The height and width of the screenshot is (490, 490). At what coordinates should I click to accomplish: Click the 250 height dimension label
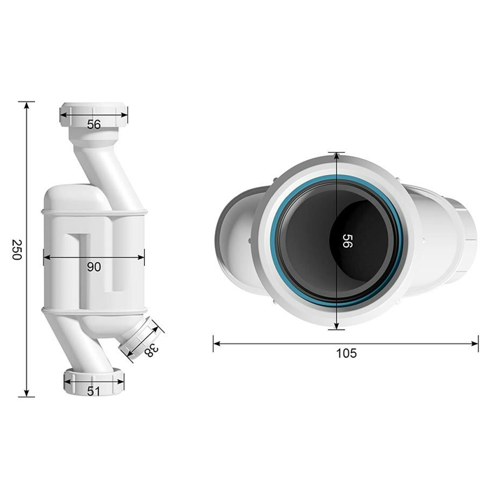(x=16, y=249)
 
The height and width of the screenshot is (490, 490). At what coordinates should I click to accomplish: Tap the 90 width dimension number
(x=94, y=267)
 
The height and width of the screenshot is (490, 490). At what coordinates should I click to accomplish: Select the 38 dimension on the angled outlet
(x=152, y=350)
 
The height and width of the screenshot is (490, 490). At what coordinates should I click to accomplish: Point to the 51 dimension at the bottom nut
(x=93, y=391)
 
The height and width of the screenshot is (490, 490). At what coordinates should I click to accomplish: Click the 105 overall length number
(x=346, y=353)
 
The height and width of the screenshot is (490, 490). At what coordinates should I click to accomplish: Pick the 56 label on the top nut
(x=94, y=125)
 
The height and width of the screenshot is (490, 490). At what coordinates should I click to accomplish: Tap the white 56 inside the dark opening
(x=347, y=241)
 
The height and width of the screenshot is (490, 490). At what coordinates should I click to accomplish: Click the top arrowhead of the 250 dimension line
(x=27, y=105)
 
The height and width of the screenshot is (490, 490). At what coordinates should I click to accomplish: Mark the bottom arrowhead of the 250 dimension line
(x=27, y=393)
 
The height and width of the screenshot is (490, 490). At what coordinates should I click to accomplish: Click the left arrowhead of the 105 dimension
(x=216, y=344)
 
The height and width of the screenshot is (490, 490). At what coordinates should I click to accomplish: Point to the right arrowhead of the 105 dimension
(x=475, y=344)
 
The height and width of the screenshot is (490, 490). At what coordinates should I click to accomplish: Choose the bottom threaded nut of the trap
(x=94, y=382)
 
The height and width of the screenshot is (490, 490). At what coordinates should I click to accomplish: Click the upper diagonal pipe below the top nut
(x=107, y=177)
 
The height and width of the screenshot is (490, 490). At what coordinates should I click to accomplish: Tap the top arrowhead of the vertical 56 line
(x=337, y=156)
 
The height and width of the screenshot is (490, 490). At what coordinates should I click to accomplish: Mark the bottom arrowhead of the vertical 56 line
(x=337, y=325)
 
